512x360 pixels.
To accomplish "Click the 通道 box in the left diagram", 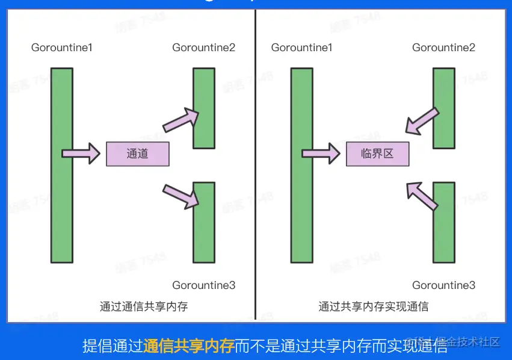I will click(x=138, y=154).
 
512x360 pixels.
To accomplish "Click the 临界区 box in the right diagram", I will click(x=377, y=154).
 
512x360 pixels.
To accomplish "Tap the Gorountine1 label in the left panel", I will click(x=62, y=47).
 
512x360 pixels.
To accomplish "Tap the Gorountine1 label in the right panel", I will click(x=301, y=47).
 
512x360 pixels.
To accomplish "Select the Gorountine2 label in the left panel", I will click(x=203, y=47).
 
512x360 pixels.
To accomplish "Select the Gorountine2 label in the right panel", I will click(x=443, y=47).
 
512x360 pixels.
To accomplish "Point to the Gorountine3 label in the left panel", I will click(x=203, y=285).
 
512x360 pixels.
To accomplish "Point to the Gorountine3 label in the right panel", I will click(x=443, y=285).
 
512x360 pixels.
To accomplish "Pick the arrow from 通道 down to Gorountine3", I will click(x=181, y=196).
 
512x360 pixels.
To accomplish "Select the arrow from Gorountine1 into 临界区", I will click(x=321, y=154).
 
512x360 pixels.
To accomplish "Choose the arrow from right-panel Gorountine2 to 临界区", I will click(x=422, y=121).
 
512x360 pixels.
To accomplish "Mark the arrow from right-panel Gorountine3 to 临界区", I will click(x=422, y=195).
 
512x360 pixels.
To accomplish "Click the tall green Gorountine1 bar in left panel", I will click(x=61, y=166).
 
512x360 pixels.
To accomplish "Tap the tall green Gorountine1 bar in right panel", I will click(x=301, y=166).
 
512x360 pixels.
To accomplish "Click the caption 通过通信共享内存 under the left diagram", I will click(x=144, y=306).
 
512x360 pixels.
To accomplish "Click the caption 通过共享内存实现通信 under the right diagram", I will click(x=373, y=306).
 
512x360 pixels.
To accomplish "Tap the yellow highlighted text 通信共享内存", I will click(x=188, y=346).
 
